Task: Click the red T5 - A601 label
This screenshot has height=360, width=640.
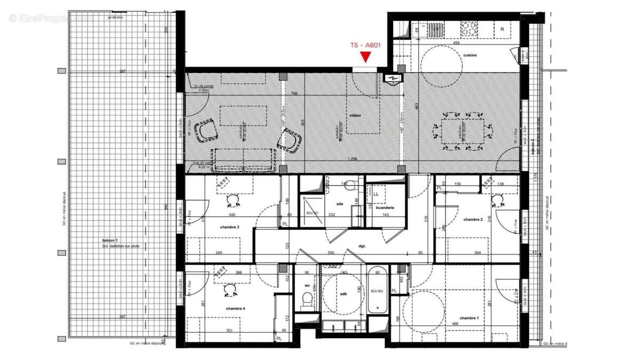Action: (x=365, y=45)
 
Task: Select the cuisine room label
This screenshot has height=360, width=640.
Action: (x=470, y=55)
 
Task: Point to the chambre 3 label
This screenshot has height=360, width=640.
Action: (x=230, y=228)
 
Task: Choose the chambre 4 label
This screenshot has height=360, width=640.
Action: (x=235, y=309)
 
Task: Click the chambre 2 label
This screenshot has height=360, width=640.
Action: (x=473, y=220)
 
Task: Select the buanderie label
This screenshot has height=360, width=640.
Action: (x=385, y=207)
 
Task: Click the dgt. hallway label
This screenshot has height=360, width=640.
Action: (x=362, y=246)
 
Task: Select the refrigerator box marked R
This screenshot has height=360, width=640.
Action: (x=503, y=29)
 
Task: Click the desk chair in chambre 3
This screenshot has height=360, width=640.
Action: (x=233, y=200)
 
